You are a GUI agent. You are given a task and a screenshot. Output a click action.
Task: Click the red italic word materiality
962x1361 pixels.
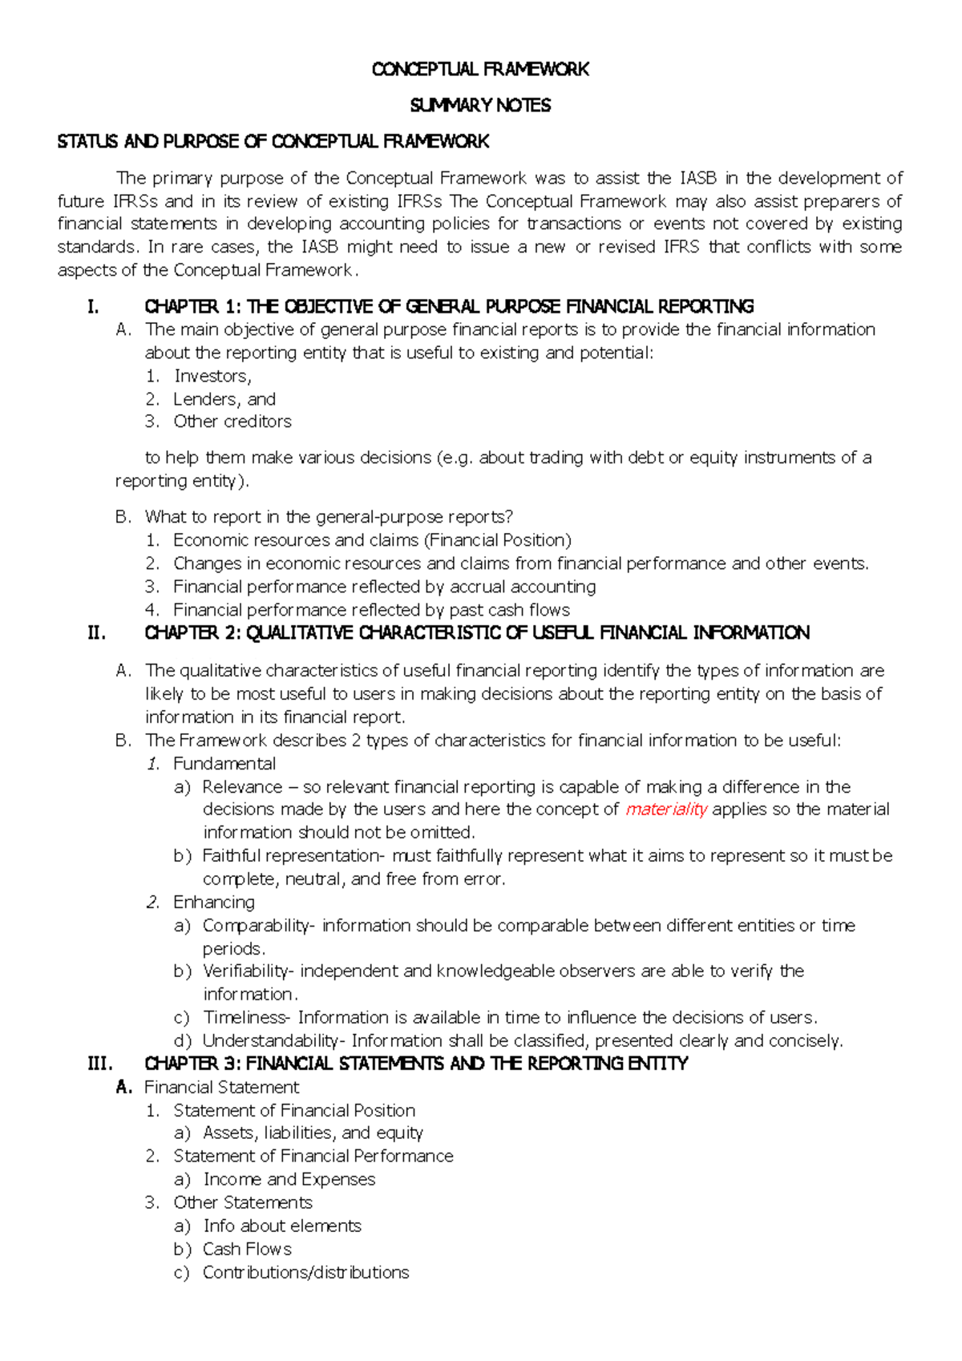tap(665, 810)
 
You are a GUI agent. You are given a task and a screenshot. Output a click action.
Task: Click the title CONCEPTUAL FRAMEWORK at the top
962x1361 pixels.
tap(480, 70)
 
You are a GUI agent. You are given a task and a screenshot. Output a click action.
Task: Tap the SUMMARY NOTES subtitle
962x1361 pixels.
tap(480, 106)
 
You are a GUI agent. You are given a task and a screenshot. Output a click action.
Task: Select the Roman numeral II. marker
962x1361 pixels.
tap(97, 633)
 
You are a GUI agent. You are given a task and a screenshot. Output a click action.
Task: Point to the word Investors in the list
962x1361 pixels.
tap(212, 376)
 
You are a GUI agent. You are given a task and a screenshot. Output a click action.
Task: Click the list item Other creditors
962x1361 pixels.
tap(232, 422)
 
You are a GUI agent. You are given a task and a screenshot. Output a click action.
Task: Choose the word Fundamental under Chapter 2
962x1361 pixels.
tap(224, 764)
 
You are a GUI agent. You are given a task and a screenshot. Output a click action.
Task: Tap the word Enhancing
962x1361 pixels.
tap(214, 903)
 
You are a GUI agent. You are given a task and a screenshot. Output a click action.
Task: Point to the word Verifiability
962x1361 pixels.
tap(248, 971)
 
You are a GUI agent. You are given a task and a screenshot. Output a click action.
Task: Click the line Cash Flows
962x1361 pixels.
tap(247, 1250)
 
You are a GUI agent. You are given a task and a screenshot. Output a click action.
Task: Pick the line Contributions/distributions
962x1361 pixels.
tap(305, 1273)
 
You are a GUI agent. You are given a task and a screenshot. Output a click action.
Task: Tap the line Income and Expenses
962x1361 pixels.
tap(289, 1180)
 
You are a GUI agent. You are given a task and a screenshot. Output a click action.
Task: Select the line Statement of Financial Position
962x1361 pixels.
tap(294, 1111)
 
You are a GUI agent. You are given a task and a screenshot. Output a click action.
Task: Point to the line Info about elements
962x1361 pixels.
tap(282, 1226)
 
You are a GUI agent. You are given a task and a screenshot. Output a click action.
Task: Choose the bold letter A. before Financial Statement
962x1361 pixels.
tap(123, 1088)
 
